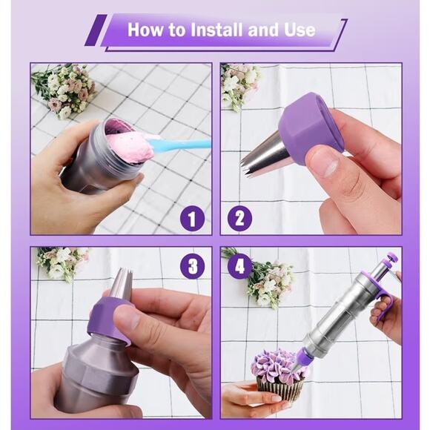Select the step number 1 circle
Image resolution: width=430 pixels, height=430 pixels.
(x=192, y=219)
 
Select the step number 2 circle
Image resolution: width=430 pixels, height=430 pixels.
(x=239, y=219)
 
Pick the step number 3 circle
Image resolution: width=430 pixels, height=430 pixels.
(x=192, y=266)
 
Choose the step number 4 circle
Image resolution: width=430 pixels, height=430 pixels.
(x=239, y=265)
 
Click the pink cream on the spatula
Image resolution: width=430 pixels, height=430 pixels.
(x=130, y=147)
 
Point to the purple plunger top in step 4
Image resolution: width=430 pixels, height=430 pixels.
(x=391, y=259)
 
